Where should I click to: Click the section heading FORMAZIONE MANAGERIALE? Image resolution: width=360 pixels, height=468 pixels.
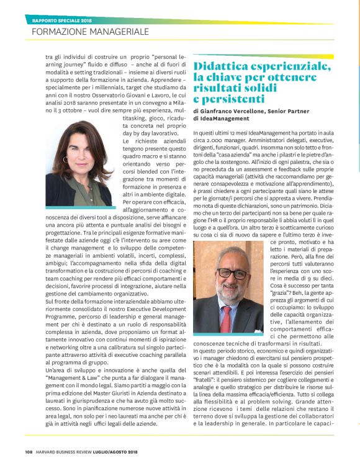(x=90, y=30)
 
